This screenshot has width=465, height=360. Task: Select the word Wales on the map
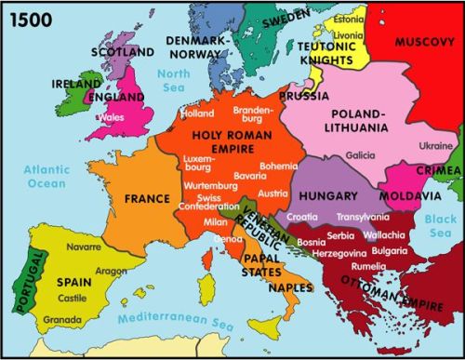tap(112, 118)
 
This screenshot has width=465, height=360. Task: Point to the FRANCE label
tap(147, 199)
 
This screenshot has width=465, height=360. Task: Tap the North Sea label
tap(174, 80)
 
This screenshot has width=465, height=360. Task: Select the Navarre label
tap(84, 249)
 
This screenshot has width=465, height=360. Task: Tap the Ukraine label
tap(435, 146)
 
